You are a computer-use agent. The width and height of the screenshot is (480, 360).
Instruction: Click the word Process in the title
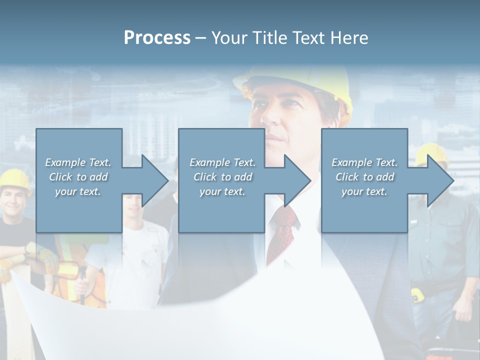[x=157, y=38]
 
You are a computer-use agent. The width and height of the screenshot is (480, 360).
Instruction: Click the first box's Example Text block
[x=78, y=177]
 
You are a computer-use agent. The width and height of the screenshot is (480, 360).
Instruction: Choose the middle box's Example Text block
[x=222, y=177]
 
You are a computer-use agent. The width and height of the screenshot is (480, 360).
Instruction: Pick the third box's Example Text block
[x=364, y=177]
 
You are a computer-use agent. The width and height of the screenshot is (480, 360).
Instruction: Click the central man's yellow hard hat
[x=300, y=82]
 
